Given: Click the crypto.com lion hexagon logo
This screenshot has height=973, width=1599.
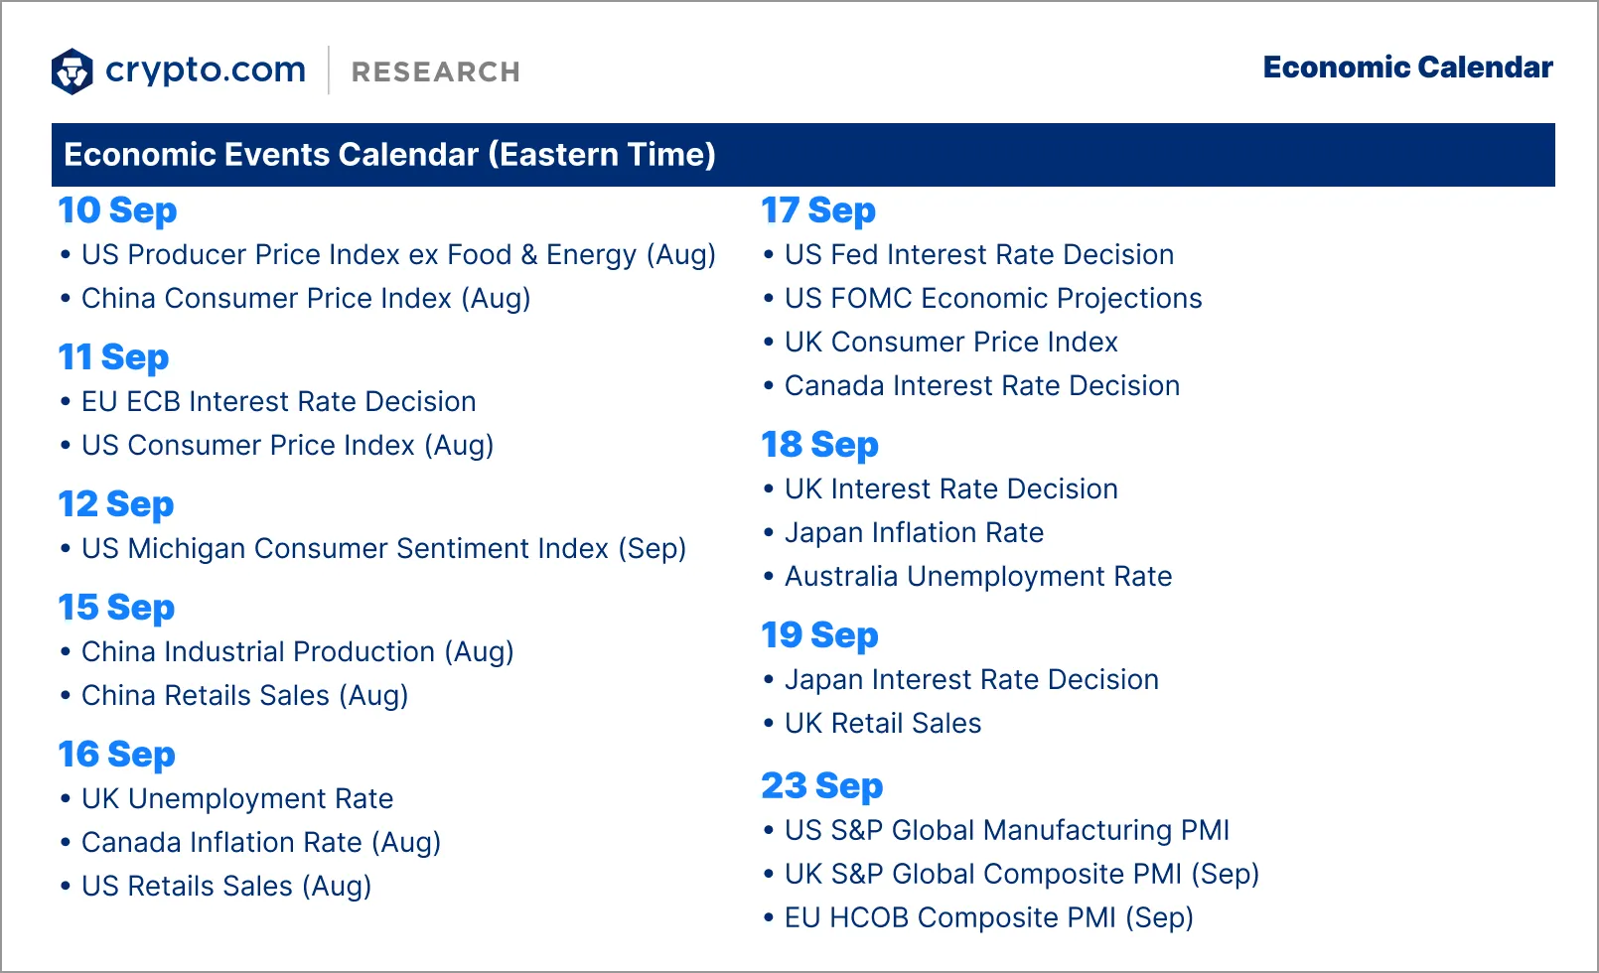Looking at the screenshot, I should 72,71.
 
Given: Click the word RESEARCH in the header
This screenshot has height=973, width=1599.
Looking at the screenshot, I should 435,72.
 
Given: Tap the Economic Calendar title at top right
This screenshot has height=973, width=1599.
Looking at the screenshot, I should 1407,68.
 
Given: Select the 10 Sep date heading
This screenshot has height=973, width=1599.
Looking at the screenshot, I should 117,210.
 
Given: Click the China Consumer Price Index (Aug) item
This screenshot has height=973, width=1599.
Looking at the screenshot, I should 305,299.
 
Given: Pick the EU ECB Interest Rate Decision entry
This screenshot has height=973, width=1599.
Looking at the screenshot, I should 278,402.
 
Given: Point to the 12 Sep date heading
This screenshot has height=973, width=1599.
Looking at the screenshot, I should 116,504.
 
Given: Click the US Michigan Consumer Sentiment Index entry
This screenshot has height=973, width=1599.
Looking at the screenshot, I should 383,549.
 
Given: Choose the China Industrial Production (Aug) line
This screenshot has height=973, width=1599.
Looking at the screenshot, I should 297,652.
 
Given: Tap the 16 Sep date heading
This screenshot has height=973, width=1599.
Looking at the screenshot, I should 116,755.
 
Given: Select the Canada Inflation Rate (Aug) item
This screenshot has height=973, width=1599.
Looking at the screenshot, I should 260,843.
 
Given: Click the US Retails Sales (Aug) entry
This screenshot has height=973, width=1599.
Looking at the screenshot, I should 225,887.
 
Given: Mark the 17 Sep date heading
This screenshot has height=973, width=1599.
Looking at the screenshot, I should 818,210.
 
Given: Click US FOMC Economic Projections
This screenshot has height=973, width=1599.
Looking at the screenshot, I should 992,299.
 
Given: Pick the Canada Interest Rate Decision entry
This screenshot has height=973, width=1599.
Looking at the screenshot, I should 981,386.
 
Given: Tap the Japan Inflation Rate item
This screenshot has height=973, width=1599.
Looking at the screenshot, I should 913,533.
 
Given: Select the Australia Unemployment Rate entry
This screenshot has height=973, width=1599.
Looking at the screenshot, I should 977,577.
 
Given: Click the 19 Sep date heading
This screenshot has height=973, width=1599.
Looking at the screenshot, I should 819,635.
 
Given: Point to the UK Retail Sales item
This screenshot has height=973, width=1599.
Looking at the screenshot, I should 882,724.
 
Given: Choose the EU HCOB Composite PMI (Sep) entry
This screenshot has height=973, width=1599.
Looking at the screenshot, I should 988,918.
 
